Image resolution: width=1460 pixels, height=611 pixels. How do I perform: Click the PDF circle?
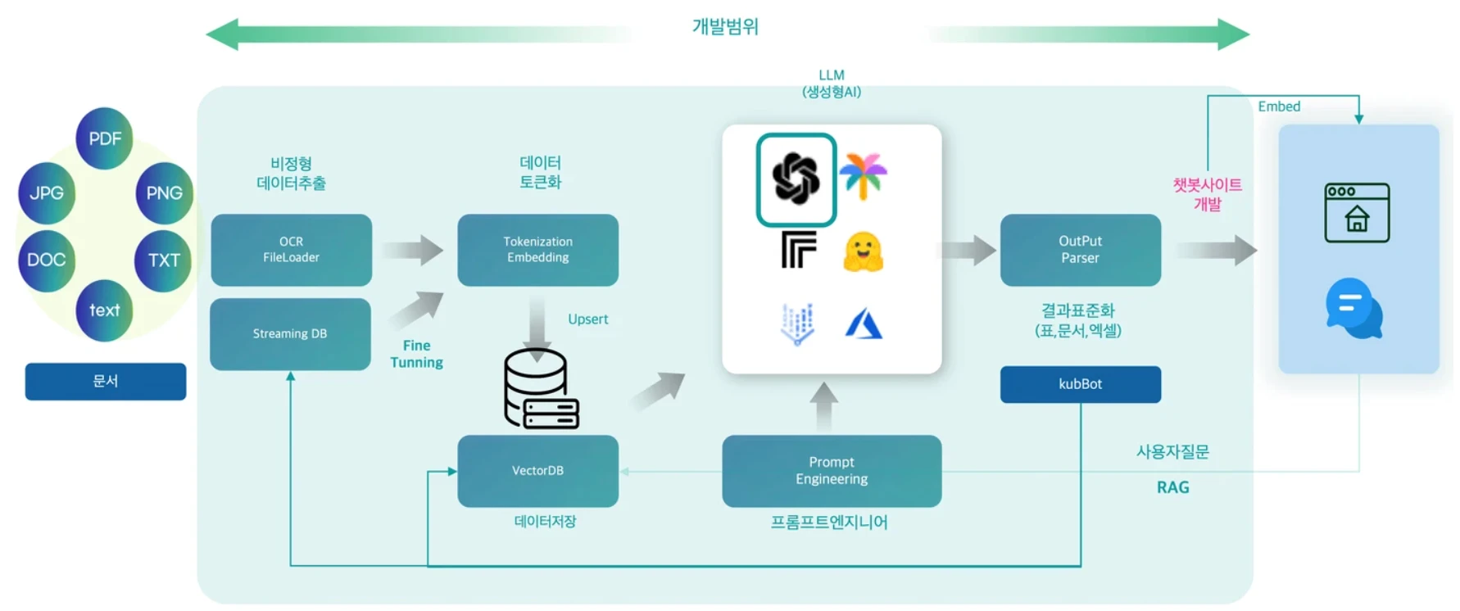click(x=104, y=138)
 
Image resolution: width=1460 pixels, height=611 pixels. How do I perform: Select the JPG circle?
click(x=47, y=193)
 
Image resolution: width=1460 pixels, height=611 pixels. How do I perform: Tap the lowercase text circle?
click(x=104, y=310)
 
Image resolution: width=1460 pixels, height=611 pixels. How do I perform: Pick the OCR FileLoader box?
click(x=291, y=250)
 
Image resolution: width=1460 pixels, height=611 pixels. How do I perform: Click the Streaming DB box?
click(x=290, y=334)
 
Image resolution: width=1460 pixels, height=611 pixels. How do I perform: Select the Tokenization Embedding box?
click(x=537, y=250)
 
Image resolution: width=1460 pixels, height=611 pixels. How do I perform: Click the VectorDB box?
click(x=537, y=471)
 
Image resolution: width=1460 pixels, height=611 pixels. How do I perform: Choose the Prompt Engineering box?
click(x=832, y=471)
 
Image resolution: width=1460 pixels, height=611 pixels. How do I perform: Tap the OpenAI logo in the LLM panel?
click(x=796, y=179)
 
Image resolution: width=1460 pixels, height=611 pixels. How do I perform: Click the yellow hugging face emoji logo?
click(x=863, y=251)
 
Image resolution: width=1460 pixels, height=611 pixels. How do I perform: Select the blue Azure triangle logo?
click(x=864, y=324)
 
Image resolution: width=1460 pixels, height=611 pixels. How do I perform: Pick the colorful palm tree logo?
click(x=863, y=175)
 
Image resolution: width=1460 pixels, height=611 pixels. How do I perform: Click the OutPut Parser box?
click(x=1080, y=250)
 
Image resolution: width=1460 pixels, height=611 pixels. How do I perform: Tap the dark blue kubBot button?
click(x=1080, y=384)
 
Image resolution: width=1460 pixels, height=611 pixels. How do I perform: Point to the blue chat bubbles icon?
click(x=1354, y=309)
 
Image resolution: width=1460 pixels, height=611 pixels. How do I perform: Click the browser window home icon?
click(x=1357, y=213)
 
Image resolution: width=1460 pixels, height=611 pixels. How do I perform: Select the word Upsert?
click(x=588, y=319)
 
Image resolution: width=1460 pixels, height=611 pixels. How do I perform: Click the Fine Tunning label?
click(x=416, y=354)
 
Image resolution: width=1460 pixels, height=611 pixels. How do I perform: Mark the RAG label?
click(x=1172, y=487)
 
